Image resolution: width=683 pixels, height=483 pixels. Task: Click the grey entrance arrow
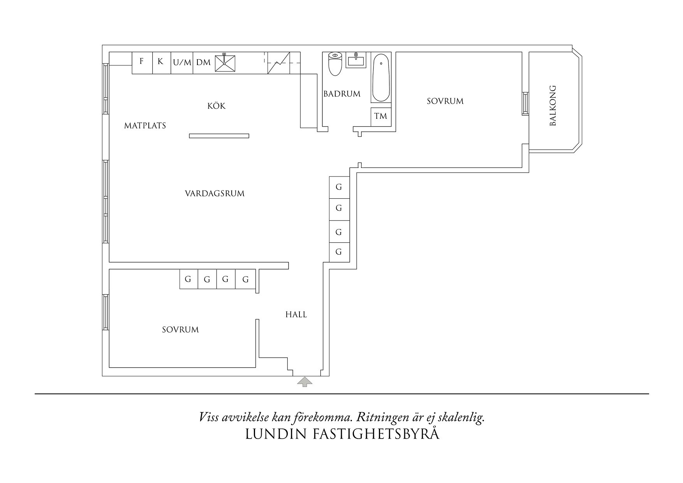pyautogui.click(x=305, y=381)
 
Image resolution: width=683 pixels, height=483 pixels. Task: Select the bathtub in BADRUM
pyautogui.click(x=381, y=78)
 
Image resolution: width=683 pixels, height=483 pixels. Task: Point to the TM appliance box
pyautogui.click(x=380, y=116)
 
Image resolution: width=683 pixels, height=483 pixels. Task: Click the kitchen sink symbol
pyautogui.click(x=225, y=63)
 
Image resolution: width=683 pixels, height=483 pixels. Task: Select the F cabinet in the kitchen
pyautogui.click(x=142, y=62)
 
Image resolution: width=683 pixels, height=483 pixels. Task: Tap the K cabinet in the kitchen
pyautogui.click(x=161, y=62)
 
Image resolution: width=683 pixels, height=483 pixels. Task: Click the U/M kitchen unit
pyautogui.click(x=182, y=62)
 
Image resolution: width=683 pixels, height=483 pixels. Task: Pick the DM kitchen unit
pyautogui.click(x=203, y=62)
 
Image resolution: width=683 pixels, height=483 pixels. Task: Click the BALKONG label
pyautogui.click(x=553, y=106)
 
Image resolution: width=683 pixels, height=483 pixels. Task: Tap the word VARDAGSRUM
pyautogui.click(x=215, y=194)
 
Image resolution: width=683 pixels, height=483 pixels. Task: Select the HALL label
pyautogui.click(x=296, y=315)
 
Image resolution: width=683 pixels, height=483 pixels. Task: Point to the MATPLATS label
pyautogui.click(x=145, y=126)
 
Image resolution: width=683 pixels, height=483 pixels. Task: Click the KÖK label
pyautogui.click(x=217, y=106)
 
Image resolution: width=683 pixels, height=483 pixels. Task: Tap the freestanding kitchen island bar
pyautogui.click(x=219, y=136)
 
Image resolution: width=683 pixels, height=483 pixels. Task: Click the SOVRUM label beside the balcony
pyautogui.click(x=445, y=101)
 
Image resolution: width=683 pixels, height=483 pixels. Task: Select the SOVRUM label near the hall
pyautogui.click(x=180, y=330)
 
